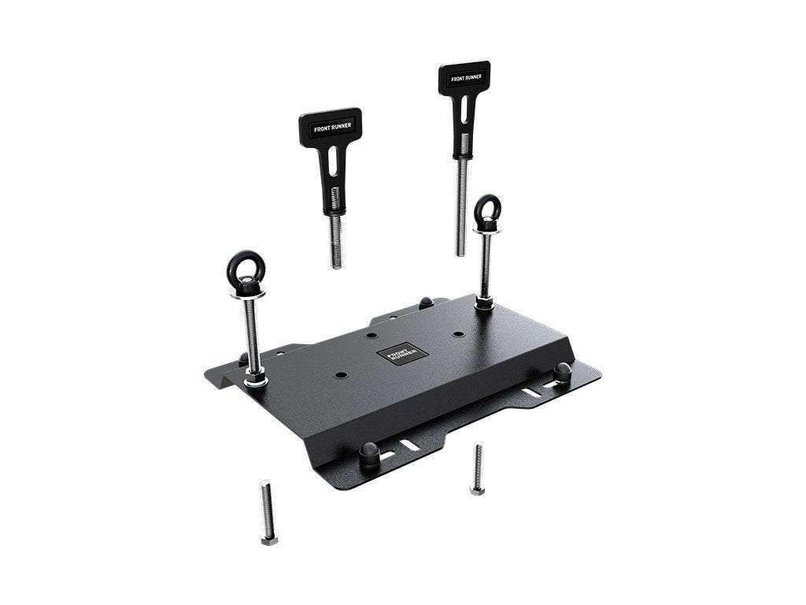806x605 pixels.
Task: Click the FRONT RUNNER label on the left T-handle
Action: [330, 126]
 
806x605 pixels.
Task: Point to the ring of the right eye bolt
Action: [487, 210]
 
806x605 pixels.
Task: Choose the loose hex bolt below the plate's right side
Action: [477, 470]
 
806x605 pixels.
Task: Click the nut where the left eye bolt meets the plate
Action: [255, 379]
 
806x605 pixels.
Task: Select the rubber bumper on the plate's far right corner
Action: [562, 370]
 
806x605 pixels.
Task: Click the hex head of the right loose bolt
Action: [477, 489]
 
